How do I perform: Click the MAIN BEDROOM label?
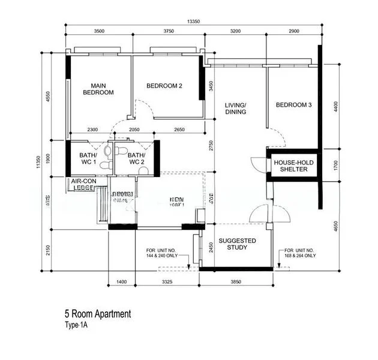(98, 89)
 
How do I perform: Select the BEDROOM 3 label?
(293, 106)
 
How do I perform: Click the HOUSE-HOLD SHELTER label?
(290, 166)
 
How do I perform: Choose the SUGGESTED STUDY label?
(237, 244)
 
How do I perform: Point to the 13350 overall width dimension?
(193, 22)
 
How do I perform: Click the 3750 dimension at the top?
(169, 32)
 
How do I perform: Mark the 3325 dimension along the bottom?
(168, 281)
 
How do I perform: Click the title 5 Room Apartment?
(97, 314)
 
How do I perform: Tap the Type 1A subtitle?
(76, 326)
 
